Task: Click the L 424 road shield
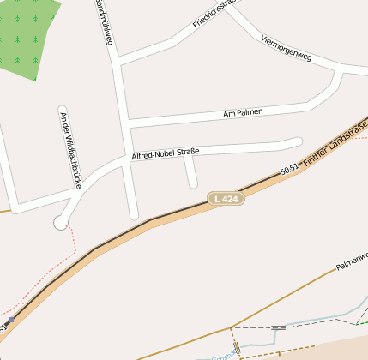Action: pyautogui.click(x=227, y=199)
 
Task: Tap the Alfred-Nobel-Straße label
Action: pyautogui.click(x=166, y=153)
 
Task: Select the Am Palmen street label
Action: pyautogui.click(x=243, y=112)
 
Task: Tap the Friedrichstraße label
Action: pyautogui.click(x=214, y=13)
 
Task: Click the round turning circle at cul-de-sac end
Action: pyautogui.click(x=60, y=223)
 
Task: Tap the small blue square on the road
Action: pyautogui.click(x=10, y=319)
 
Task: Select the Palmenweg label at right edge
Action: pyautogui.click(x=352, y=262)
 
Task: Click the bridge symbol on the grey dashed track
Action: pyautogui.click(x=278, y=327)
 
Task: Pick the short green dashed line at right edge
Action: pyautogui.click(x=362, y=323)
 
